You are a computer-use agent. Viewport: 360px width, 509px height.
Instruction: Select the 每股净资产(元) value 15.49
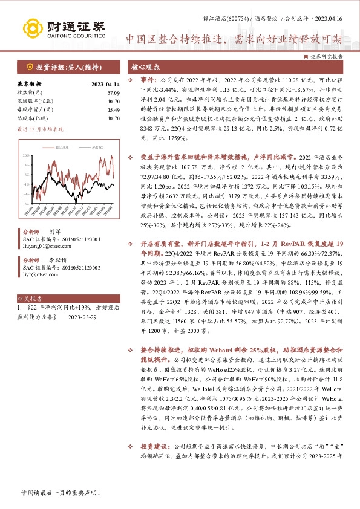113,110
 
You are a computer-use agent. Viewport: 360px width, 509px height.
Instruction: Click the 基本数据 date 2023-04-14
105,84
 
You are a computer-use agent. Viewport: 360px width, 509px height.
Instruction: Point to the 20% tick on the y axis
27,155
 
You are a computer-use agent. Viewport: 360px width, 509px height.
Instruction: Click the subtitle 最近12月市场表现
40,129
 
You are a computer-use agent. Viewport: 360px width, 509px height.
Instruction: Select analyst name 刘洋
55,231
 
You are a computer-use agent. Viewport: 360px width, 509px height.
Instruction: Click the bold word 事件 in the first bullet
148,79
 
